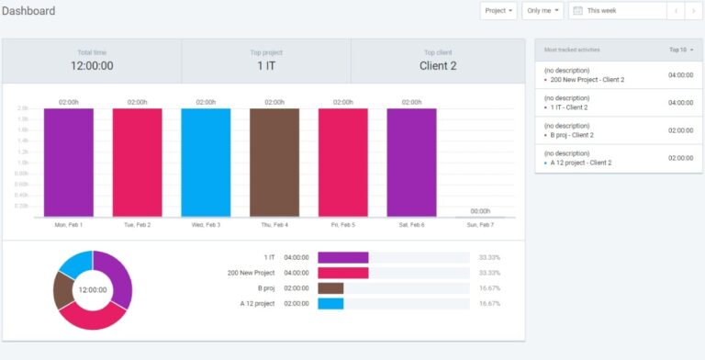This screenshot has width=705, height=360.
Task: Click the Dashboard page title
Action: point(28,11)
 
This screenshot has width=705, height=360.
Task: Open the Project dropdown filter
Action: point(498,11)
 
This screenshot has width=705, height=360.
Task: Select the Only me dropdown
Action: point(543,11)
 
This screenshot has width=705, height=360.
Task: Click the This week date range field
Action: point(617,11)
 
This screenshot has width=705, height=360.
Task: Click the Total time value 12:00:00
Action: point(92,66)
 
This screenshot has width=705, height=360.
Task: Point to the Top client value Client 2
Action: point(438,66)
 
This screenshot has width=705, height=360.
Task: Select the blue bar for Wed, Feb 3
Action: point(206,163)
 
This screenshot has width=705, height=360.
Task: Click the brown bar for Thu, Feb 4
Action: point(274,163)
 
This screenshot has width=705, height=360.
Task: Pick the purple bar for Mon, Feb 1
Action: point(69,163)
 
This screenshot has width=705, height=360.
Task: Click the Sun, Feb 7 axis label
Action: point(480,225)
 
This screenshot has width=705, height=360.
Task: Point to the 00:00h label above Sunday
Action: point(480,211)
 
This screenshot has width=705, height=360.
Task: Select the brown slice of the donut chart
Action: point(63,291)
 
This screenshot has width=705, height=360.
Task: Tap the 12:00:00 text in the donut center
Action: point(93,290)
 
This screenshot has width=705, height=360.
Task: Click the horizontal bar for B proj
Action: point(330,288)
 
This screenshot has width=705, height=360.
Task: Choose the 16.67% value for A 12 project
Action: point(489,303)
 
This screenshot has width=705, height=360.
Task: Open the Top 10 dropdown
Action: point(681,49)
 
